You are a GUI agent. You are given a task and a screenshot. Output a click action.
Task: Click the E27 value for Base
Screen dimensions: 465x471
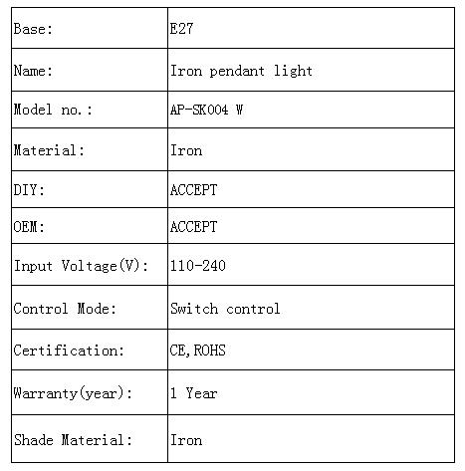coord(181,29)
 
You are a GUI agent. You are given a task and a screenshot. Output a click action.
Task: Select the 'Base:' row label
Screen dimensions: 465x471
coord(33,29)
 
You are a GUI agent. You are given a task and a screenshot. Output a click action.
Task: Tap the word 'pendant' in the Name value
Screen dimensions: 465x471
coord(237,71)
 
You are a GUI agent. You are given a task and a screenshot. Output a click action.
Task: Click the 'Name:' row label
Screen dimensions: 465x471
coord(33,71)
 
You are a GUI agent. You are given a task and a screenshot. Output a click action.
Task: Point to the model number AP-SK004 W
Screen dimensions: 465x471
coord(206,110)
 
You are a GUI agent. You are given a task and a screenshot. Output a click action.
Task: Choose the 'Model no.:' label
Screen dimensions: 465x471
coord(53,110)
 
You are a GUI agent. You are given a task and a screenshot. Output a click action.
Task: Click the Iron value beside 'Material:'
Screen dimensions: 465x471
coord(186,150)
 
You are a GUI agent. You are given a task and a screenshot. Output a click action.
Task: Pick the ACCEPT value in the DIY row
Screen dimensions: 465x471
coord(193,190)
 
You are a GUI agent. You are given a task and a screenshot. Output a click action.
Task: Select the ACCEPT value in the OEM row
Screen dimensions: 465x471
coord(193,227)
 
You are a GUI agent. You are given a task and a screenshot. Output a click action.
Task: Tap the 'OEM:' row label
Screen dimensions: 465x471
coord(29,227)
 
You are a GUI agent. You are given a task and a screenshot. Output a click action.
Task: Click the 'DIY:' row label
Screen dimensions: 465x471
coord(29,190)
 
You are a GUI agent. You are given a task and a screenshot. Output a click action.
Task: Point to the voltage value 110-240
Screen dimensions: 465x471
coord(198,266)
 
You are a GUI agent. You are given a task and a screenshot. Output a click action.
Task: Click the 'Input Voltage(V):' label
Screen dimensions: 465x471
coord(81,266)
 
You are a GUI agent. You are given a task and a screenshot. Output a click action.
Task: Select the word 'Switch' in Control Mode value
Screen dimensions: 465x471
coord(194,309)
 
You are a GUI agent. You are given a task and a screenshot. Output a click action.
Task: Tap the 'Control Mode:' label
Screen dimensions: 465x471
coord(65,309)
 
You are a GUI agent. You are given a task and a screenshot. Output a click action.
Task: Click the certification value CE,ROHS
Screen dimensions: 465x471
coord(198,351)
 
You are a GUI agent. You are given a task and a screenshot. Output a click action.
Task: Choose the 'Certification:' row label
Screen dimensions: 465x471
coord(69,351)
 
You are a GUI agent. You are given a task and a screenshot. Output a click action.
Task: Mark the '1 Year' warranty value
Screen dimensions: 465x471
coord(194,393)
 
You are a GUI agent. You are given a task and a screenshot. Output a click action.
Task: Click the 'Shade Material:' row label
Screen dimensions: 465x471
coord(73,440)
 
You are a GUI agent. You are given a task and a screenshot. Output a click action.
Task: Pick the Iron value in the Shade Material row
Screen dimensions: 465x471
coord(186,440)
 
